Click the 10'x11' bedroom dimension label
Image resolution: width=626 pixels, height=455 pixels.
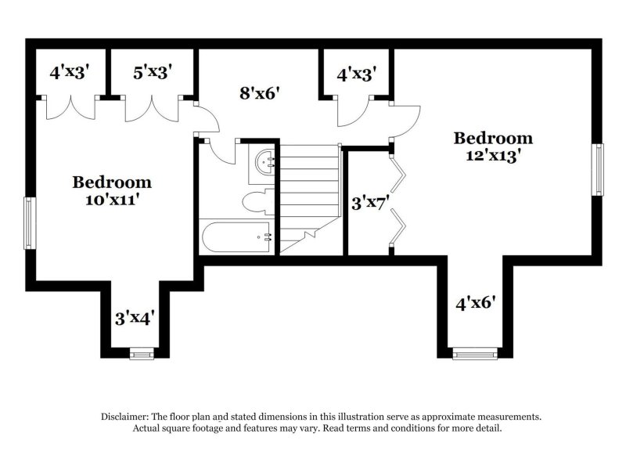click(x=112, y=200)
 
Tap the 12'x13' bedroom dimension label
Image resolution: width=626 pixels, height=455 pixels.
click(x=494, y=155)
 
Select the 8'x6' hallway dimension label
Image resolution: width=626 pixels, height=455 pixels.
click(x=259, y=93)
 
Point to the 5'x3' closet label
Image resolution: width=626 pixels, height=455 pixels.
click(x=153, y=73)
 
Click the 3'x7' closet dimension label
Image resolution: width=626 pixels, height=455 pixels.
click(x=369, y=204)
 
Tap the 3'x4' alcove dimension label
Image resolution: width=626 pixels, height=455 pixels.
click(x=135, y=317)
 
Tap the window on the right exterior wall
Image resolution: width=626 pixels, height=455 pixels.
click(x=599, y=170)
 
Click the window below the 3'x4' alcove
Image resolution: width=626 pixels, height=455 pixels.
click(x=142, y=355)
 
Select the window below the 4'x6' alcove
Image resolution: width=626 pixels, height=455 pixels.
click(x=475, y=355)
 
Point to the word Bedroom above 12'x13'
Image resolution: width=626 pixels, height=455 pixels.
click(x=494, y=139)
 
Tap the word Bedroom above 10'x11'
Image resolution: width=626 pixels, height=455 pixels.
click(x=112, y=182)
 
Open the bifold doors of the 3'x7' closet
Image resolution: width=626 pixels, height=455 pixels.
click(x=398, y=199)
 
